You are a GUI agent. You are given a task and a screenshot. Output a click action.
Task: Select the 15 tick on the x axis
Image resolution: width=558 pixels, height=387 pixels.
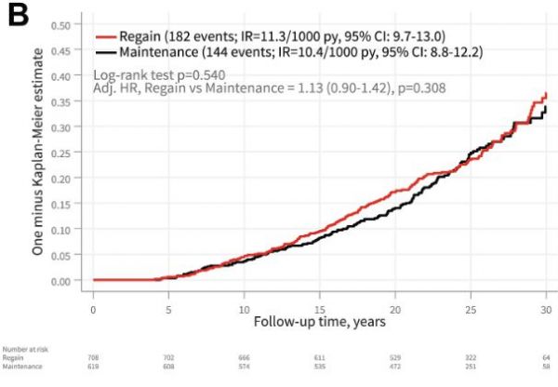[320, 307]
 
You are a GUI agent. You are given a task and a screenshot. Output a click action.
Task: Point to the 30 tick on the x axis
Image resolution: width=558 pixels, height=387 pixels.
[546, 307]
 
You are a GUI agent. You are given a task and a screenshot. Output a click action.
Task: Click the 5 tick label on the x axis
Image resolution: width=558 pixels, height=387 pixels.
[168, 307]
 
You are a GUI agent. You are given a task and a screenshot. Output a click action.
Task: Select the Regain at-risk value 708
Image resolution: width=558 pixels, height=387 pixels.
[93, 357]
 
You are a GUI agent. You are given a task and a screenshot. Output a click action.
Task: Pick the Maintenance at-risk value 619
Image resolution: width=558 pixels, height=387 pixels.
[93, 366]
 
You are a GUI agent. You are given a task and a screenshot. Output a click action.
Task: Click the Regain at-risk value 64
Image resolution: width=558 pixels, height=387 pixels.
[546, 357]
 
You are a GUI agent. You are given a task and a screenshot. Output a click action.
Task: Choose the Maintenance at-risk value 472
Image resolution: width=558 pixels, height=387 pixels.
[395, 366]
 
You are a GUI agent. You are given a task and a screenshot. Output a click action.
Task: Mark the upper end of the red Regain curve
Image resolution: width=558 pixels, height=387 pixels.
[547, 93]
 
